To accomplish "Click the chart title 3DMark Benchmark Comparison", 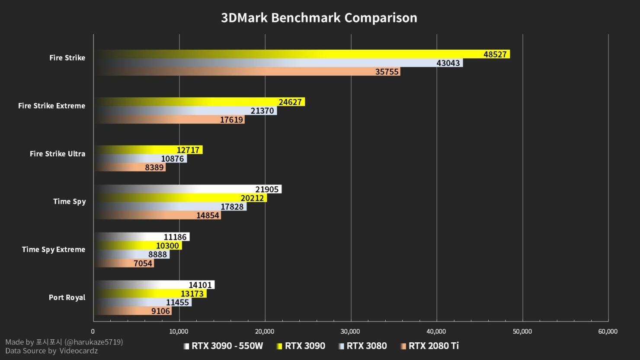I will click(x=319, y=18).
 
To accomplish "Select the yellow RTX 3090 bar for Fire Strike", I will click(x=303, y=54).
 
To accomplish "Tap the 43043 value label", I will click(x=448, y=63).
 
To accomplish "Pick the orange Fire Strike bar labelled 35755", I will click(x=246, y=72).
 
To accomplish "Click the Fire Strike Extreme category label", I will click(x=51, y=106).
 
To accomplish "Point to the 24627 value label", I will click(x=290, y=102).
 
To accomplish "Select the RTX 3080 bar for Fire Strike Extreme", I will click(x=186, y=111).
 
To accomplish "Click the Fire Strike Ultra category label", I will click(x=58, y=154).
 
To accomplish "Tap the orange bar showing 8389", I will click(x=130, y=168).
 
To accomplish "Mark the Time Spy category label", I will click(x=69, y=201).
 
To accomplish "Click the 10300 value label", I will click(x=167, y=246).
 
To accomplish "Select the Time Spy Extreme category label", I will click(x=54, y=249).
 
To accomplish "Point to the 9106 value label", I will click(x=160, y=311).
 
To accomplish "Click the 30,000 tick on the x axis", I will click(x=350, y=331).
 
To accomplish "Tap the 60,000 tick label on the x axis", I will click(x=608, y=331).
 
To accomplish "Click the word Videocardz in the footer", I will click(x=78, y=351).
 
